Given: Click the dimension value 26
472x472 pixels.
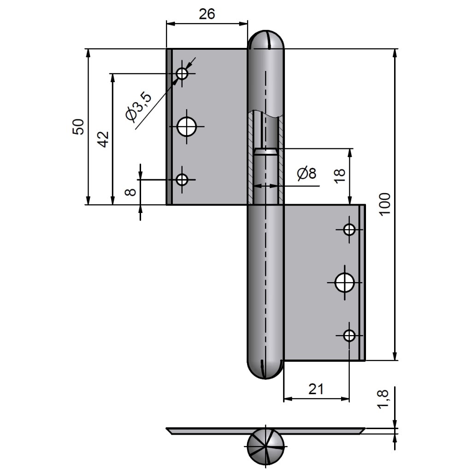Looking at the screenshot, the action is (207, 14).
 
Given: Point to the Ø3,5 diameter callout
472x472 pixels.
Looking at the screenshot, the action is (138, 106).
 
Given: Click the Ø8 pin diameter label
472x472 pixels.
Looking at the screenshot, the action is (307, 174).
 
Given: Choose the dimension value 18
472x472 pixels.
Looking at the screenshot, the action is (339, 176).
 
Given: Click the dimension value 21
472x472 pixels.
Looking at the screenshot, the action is (316, 389).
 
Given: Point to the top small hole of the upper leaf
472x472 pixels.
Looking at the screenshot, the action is (183, 73).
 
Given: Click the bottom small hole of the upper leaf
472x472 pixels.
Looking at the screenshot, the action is (183, 179).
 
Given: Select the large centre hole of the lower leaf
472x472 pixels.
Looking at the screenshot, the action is (344, 282).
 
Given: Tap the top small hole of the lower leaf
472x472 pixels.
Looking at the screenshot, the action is (349, 229).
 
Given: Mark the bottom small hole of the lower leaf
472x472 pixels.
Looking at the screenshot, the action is (349, 336).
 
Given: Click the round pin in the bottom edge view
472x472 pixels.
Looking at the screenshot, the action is (266, 447).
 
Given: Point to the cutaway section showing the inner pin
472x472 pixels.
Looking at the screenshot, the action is (265, 157).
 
